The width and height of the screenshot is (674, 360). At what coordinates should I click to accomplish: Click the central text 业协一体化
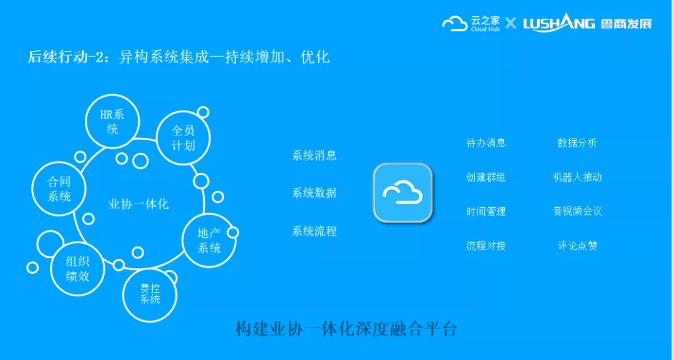pyautogui.click(x=139, y=203)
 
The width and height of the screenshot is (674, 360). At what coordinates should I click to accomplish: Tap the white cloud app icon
pyautogui.click(x=403, y=193)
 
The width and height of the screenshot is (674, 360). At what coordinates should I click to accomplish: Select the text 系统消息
pyautogui.click(x=314, y=155)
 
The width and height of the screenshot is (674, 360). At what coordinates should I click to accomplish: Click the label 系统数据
pyautogui.click(x=314, y=193)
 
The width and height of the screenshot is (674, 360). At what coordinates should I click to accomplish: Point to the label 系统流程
pyautogui.click(x=314, y=231)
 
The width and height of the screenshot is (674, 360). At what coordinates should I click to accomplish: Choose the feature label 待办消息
pyautogui.click(x=486, y=143)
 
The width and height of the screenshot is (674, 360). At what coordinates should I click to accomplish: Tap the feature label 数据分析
pyautogui.click(x=577, y=143)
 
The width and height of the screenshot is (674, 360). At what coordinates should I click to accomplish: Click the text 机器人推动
pyautogui.click(x=577, y=177)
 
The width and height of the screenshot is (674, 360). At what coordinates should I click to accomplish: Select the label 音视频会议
pyautogui.click(x=577, y=211)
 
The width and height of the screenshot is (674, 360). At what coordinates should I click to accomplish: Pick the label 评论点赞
pyautogui.click(x=577, y=246)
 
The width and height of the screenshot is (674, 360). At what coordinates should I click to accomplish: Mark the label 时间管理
pyautogui.click(x=486, y=211)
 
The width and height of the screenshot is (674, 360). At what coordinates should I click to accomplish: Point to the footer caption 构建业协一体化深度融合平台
pyautogui.click(x=346, y=329)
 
